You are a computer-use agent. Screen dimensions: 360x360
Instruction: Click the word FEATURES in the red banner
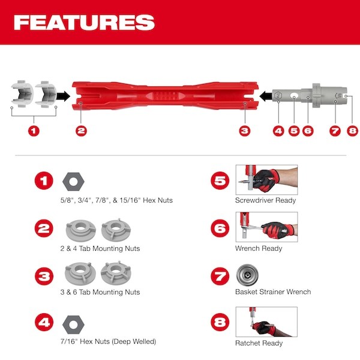[84, 22]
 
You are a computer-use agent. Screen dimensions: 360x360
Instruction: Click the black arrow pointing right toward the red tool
[63, 95]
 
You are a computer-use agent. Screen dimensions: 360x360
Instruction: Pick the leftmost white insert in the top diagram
[23, 94]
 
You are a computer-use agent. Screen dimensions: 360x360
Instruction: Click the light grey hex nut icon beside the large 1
[72, 181]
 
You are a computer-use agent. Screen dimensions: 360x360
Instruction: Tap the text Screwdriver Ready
[266, 200]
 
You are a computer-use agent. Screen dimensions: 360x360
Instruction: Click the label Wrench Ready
[259, 248]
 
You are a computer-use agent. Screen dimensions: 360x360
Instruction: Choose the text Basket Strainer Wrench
[273, 292]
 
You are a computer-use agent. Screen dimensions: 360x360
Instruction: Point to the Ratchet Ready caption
[259, 343]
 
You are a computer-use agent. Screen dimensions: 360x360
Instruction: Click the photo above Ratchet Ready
[266, 322]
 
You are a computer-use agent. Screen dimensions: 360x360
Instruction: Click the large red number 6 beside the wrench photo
[220, 229]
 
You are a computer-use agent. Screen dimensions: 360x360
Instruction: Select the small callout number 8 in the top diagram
[352, 130]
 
